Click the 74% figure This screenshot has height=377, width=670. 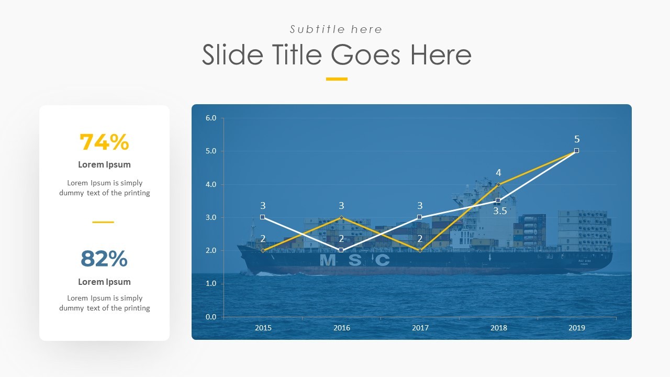tap(104, 142)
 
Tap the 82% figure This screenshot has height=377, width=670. tap(104, 259)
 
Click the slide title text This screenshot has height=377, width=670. tap(337, 55)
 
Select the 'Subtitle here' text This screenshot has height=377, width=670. tap(336, 29)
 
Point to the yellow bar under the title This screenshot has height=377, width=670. tap(337, 79)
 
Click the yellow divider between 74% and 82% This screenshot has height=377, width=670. tap(103, 222)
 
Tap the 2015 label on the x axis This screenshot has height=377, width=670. tap(263, 328)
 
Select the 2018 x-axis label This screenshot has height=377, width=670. tap(499, 328)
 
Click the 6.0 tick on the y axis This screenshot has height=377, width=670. tap(211, 118)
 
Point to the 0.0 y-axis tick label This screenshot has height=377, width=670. tap(211, 317)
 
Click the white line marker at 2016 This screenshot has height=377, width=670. tap(341, 250)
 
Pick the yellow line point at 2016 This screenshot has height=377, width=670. tap(341, 217)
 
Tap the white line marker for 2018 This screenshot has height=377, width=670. tap(498, 201)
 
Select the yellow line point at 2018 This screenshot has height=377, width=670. tap(498, 184)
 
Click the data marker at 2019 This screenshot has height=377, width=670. tap(576, 151)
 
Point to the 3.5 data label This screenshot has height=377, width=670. tap(500, 212)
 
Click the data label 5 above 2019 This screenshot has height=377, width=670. tap(577, 139)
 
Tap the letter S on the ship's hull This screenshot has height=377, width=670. tap(355, 260)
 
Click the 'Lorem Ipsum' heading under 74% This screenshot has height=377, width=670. tap(104, 164)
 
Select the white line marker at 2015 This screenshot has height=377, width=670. tap(263, 217)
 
